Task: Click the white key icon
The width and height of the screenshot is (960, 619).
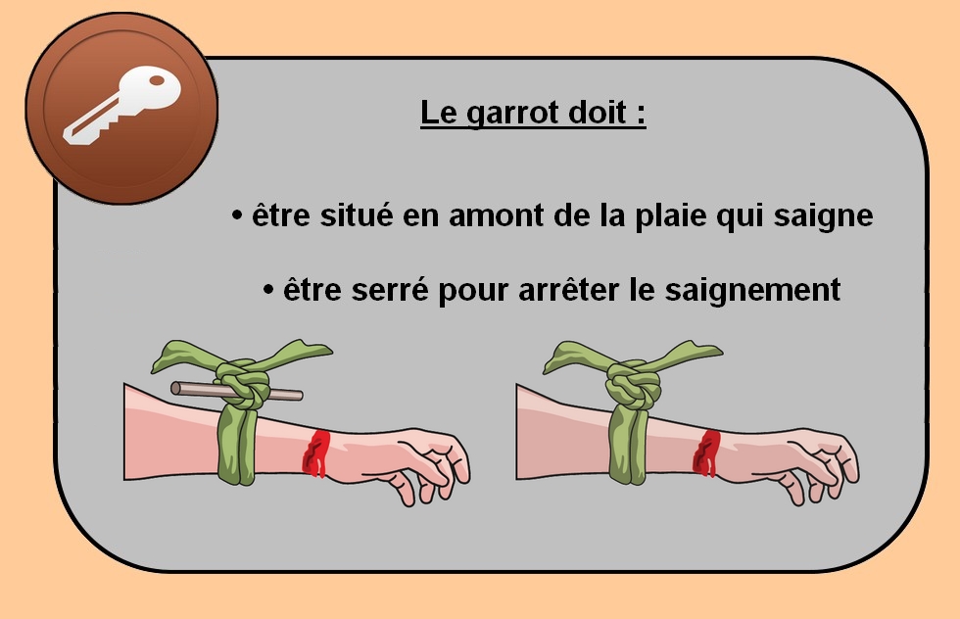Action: (122, 106)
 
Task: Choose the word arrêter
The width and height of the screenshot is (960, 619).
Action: (568, 290)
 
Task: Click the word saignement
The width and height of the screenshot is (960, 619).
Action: (752, 291)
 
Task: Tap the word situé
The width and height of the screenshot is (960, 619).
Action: (356, 215)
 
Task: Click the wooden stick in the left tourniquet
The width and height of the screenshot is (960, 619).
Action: (236, 391)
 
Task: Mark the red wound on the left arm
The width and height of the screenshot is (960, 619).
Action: (315, 452)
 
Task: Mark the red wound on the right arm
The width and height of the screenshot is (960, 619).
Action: (706, 452)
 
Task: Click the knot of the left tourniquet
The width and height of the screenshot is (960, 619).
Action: (243, 384)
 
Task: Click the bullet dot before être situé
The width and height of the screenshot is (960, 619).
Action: (237, 215)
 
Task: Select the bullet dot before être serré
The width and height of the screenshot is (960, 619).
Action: (268, 290)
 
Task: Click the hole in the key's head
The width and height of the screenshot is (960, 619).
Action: (158, 80)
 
